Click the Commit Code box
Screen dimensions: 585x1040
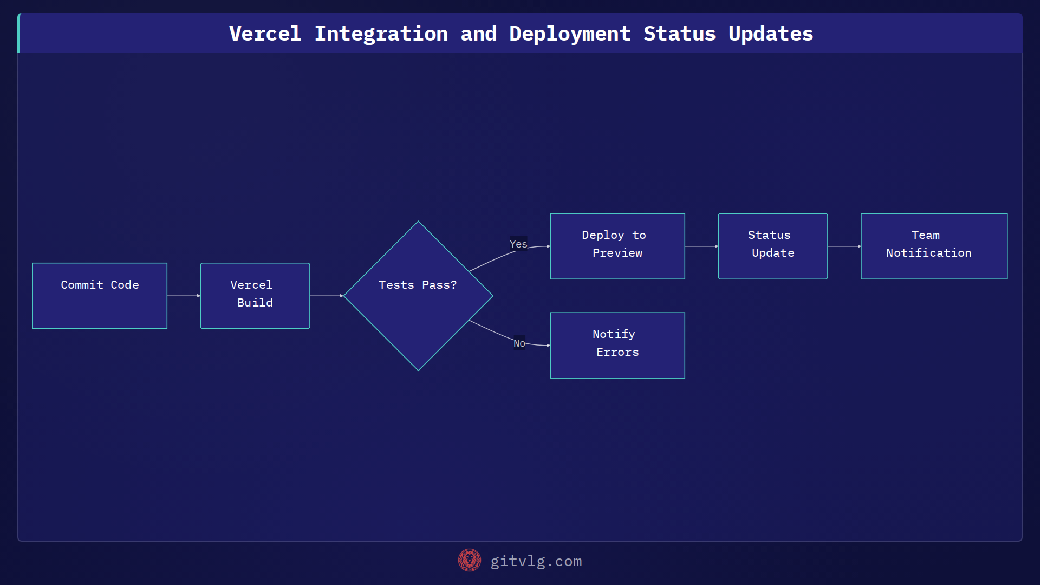[100, 296]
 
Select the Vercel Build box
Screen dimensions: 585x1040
[255, 296]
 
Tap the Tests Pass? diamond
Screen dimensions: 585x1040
[418, 296]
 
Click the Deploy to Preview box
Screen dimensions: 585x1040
[617, 246]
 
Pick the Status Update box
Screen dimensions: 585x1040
[773, 246]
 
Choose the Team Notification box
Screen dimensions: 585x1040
[934, 246]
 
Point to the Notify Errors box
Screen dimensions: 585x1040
[617, 345]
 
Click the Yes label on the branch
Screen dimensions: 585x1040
[518, 244]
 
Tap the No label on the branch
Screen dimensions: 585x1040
[519, 343]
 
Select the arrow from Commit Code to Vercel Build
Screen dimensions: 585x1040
[184, 296]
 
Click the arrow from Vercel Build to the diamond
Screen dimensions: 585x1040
[326, 296]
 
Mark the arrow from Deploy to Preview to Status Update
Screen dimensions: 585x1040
[701, 246]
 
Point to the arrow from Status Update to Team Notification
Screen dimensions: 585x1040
[844, 246]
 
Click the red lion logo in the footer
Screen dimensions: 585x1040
[470, 561]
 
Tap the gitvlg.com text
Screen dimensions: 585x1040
[536, 561]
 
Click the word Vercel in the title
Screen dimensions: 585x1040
[265, 34]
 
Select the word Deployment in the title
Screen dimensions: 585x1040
[570, 34]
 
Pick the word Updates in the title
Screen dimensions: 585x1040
[770, 34]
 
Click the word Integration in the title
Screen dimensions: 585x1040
[381, 34]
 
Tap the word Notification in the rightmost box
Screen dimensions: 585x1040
[928, 253]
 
